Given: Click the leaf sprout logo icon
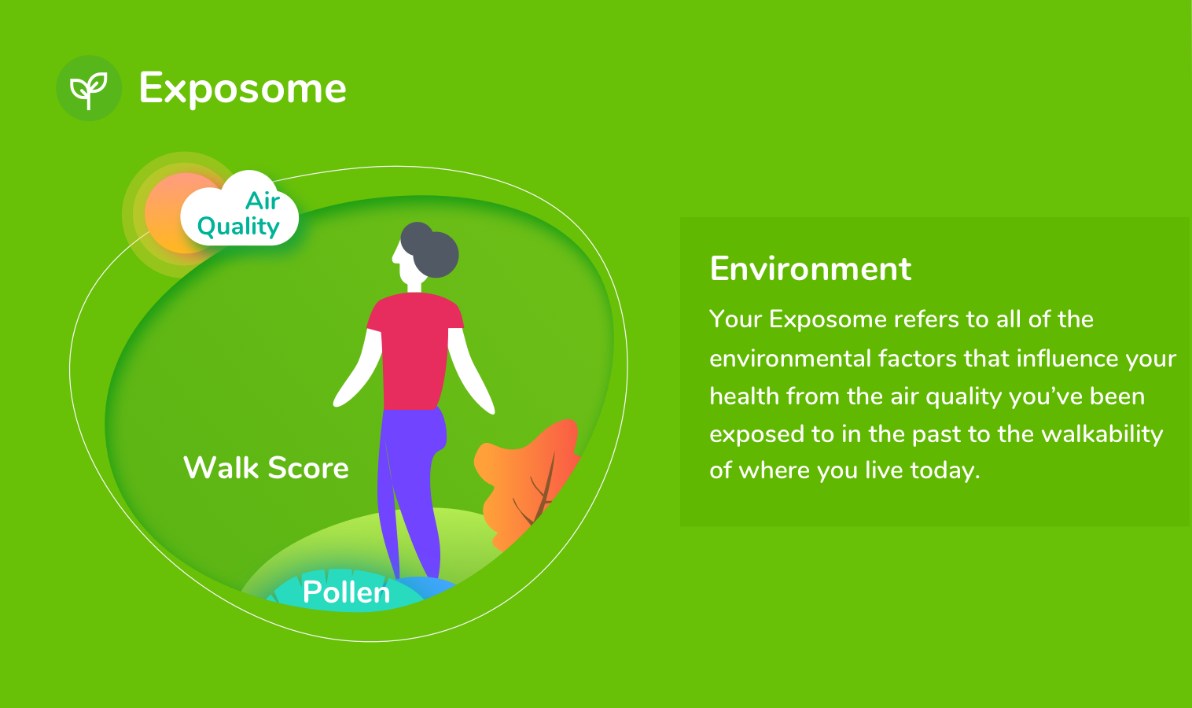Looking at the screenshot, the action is pyautogui.click(x=89, y=88).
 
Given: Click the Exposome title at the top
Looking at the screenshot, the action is pyautogui.click(x=242, y=88).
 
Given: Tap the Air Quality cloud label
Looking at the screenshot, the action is pyautogui.click(x=240, y=213).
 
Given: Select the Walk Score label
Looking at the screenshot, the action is pyautogui.click(x=266, y=468).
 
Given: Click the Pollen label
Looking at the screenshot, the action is pyautogui.click(x=346, y=592).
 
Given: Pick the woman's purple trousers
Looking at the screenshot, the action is pyautogui.click(x=409, y=488).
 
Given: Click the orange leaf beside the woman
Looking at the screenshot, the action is pyautogui.click(x=523, y=480).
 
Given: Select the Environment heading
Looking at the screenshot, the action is pyautogui.click(x=810, y=269).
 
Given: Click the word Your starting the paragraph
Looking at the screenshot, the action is pyautogui.click(x=736, y=319).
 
